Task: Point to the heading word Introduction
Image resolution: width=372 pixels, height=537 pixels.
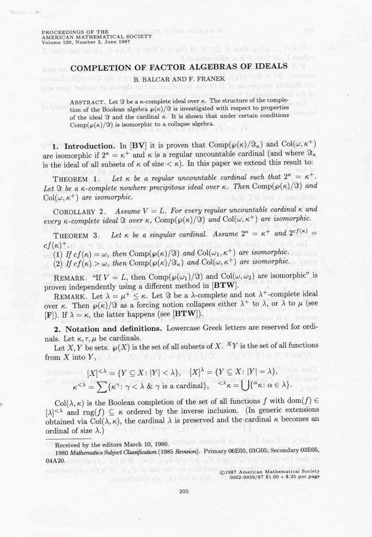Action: pos(93,146)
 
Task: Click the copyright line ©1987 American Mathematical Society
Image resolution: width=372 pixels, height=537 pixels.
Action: pos(270,471)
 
